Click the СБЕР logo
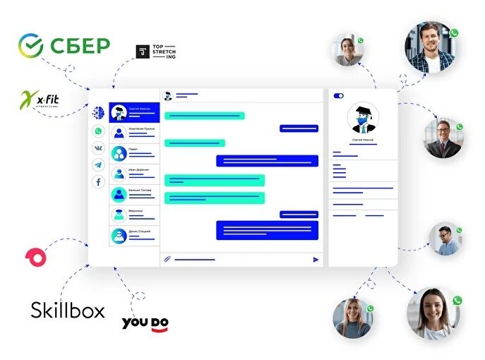pyautogui.click(x=64, y=46)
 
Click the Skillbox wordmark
pyautogui.click(x=68, y=309)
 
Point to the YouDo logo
pyautogui.click(x=145, y=323)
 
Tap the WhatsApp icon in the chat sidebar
pyautogui.click(x=97, y=131)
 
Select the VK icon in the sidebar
pyautogui.click(x=97, y=148)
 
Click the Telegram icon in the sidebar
pyautogui.click(x=97, y=165)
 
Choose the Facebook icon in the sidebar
pyautogui.click(x=97, y=182)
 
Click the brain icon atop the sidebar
pyautogui.click(x=97, y=113)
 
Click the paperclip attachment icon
pyautogui.click(x=167, y=259)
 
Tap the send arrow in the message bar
pyautogui.click(x=316, y=259)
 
